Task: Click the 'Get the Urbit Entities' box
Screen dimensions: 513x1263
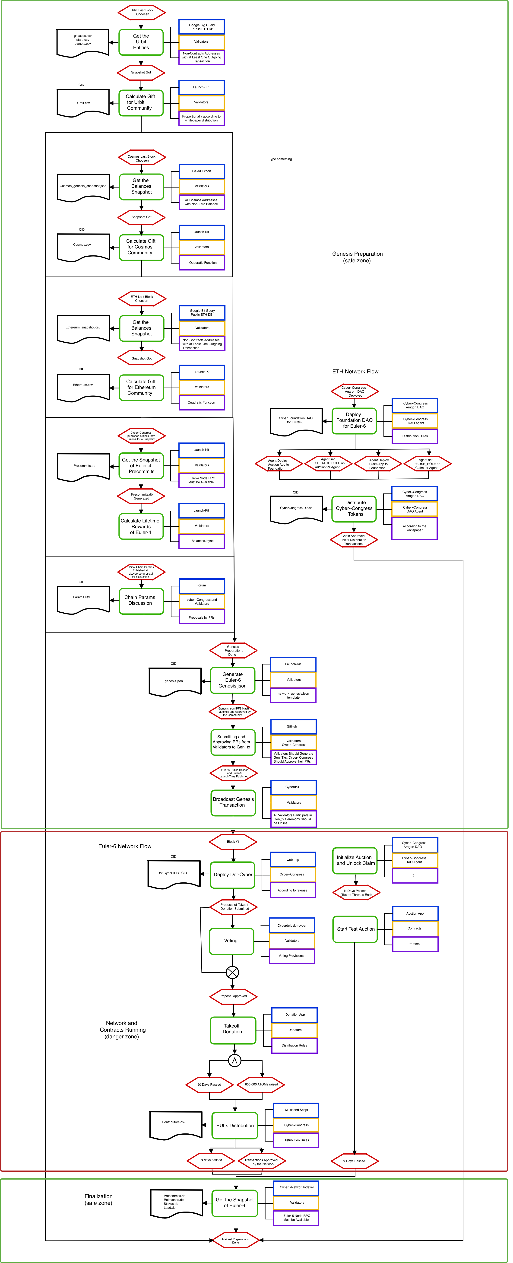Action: (x=141, y=42)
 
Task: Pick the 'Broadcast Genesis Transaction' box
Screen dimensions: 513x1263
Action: (x=233, y=803)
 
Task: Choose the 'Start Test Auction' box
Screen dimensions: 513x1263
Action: (x=355, y=929)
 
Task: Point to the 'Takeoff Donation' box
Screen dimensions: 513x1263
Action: (x=233, y=1029)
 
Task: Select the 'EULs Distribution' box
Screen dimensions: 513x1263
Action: (x=235, y=1125)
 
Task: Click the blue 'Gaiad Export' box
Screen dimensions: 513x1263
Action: (x=202, y=171)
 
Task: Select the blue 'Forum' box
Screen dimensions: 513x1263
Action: (x=202, y=585)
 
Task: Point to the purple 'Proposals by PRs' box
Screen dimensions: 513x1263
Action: (x=202, y=617)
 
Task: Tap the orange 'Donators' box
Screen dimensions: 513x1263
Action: (x=294, y=1030)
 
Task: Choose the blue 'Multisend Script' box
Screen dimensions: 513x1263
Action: (x=296, y=1110)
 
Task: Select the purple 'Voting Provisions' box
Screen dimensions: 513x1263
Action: (x=292, y=956)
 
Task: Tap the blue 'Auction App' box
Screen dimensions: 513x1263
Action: (x=415, y=913)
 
